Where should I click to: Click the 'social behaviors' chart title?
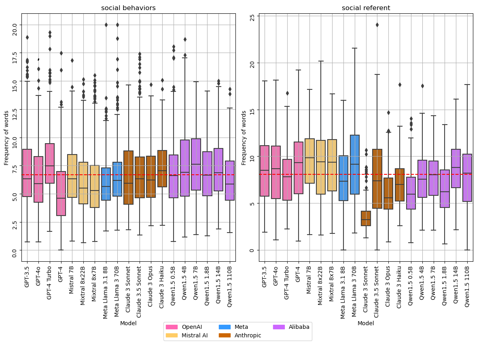click(x=128, y=8)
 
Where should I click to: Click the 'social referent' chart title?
click(x=366, y=8)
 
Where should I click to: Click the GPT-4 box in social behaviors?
click(x=61, y=193)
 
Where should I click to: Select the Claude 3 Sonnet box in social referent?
click(x=366, y=218)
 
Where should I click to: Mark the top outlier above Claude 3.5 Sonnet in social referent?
click(x=377, y=25)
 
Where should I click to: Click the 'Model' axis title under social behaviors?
click(x=128, y=323)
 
